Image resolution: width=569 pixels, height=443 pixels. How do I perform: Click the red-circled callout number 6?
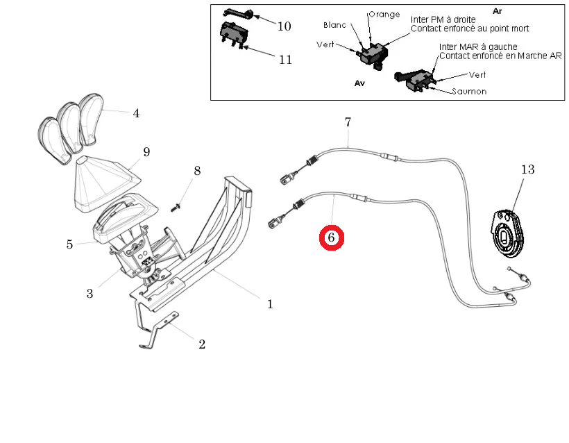click(331, 238)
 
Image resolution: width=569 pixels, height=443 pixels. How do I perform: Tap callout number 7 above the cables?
click(348, 123)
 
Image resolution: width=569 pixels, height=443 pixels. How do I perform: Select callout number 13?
click(528, 169)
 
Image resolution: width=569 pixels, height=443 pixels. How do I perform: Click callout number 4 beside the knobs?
click(136, 113)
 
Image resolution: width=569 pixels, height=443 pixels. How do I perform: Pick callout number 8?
click(197, 171)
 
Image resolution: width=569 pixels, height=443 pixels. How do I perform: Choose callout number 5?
click(69, 244)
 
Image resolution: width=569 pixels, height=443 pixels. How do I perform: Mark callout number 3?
click(90, 294)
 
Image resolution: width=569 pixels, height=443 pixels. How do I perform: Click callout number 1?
click(270, 304)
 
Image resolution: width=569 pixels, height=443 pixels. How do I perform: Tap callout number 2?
click(202, 344)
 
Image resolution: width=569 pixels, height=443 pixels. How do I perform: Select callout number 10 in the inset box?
click(284, 26)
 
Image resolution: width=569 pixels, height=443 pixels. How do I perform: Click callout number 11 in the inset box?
click(285, 59)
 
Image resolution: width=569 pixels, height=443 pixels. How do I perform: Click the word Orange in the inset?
click(383, 14)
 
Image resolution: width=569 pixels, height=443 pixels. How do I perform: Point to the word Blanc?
click(334, 25)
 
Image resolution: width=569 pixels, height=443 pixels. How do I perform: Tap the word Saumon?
click(469, 91)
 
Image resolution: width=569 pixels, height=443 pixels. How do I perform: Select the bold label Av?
click(359, 82)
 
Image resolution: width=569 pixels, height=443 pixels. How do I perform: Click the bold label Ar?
click(497, 11)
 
